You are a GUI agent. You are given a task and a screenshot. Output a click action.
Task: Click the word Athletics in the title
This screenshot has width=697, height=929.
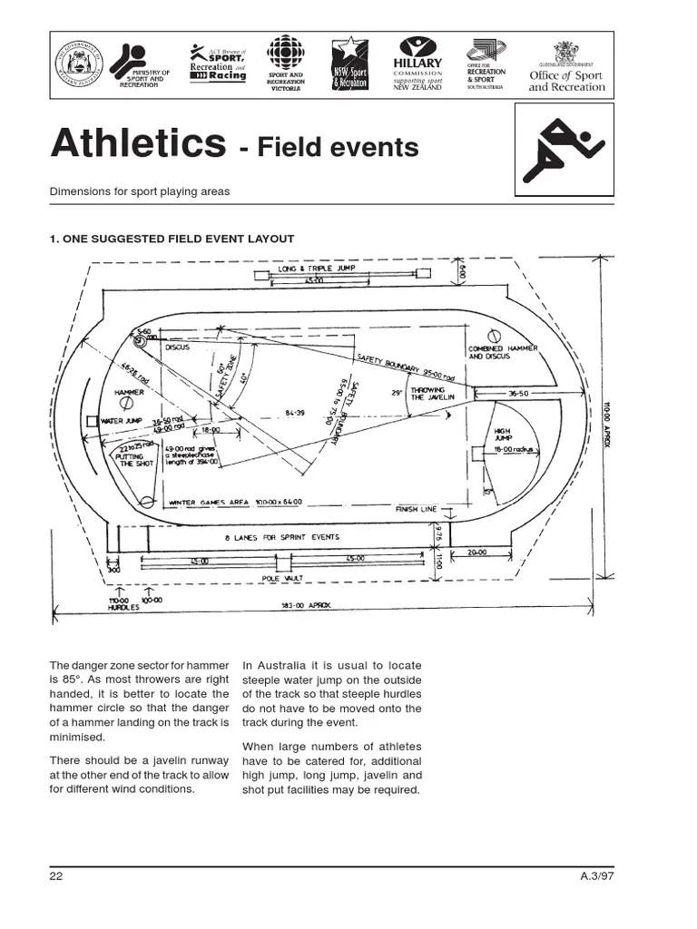pos(137,143)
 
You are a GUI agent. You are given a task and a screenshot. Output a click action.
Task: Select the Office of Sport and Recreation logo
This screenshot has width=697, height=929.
pos(566,68)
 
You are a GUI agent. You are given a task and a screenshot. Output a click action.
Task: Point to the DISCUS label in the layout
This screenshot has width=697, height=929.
pos(177,347)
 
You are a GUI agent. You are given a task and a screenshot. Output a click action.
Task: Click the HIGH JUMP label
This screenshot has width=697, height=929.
pos(504,435)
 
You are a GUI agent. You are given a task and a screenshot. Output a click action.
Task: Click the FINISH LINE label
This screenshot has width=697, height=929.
pos(418,509)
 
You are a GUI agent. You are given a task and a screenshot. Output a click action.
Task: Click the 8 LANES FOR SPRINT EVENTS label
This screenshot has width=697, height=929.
pos(282,537)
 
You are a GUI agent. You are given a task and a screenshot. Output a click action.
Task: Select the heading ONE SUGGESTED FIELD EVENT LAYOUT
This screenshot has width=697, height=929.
pos(172,239)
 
